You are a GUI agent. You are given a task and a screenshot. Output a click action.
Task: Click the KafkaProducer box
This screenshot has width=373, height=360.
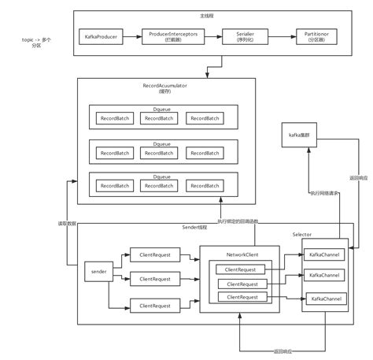(100, 37)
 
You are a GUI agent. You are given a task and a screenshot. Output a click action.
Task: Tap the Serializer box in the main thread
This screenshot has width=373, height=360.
(238, 37)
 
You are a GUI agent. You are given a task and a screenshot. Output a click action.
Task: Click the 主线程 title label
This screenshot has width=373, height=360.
(206, 16)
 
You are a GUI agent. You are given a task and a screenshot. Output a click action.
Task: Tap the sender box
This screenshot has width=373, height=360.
(98, 271)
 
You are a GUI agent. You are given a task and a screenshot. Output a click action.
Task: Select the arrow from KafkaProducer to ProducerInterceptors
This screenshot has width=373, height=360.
(130, 37)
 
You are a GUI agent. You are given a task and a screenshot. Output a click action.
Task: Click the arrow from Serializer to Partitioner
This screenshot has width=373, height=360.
(275, 37)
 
